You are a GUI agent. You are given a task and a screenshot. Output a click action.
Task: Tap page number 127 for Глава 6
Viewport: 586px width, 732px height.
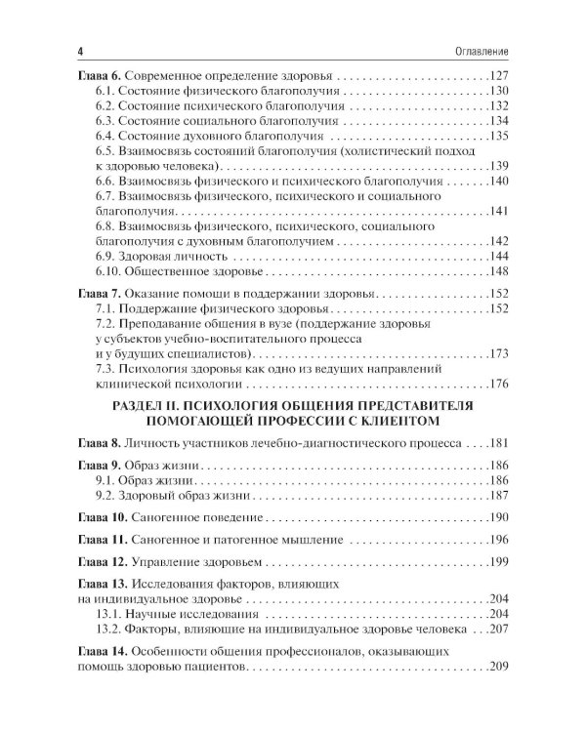point(500,75)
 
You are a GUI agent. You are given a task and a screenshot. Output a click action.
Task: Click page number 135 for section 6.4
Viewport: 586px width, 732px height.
point(500,136)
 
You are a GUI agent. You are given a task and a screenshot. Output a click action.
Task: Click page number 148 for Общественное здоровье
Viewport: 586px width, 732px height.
point(500,270)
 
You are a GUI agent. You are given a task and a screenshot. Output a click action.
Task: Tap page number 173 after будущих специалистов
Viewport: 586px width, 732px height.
point(500,353)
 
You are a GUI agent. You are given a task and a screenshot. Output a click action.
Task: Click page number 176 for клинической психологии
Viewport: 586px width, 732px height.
point(500,384)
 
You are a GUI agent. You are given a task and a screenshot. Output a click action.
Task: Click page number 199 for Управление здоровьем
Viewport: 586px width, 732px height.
point(500,563)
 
